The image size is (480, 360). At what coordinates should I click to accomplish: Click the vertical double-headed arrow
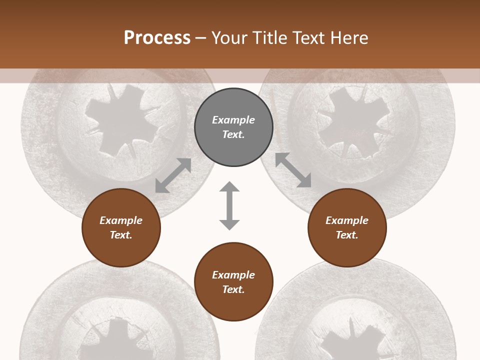pos(229,205)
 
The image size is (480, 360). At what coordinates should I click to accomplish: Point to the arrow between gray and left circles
pos(173,175)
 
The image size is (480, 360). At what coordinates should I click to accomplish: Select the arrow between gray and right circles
pos(293,170)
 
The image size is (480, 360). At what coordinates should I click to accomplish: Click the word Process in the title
pos(157,37)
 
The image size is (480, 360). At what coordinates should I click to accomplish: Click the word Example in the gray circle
pos(233,120)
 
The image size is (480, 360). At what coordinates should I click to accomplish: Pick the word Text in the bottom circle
pos(233,289)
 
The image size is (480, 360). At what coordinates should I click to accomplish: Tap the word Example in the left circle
pos(121,220)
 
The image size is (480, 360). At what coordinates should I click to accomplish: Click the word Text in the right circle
pos(346,235)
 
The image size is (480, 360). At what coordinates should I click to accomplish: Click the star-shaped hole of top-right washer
pos(354,120)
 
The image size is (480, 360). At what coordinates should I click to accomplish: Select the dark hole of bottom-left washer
pos(114,342)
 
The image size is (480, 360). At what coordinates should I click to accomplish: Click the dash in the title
pos(201,38)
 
